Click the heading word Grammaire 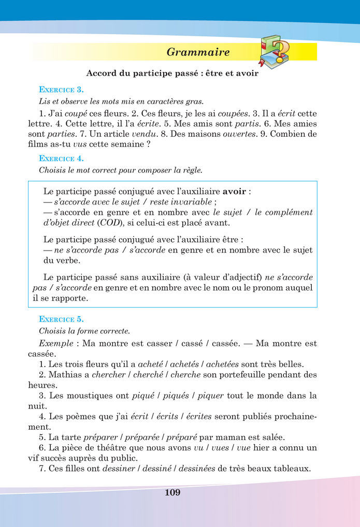coord(198,52)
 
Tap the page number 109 coord(172,492)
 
